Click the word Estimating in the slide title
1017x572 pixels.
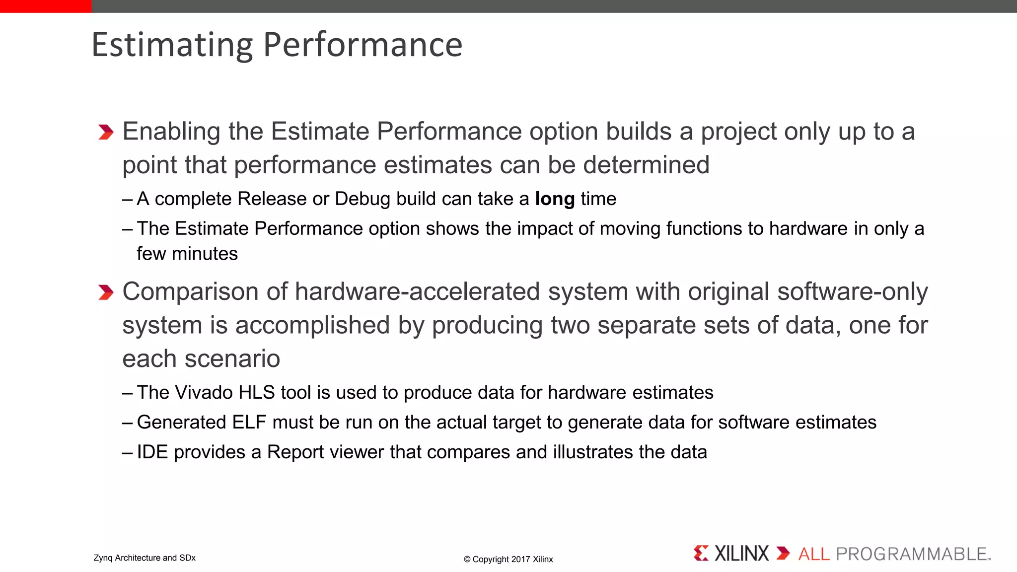pyautogui.click(x=172, y=45)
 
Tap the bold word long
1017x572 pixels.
pyautogui.click(x=555, y=199)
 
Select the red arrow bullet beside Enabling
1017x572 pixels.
pyautogui.click(x=106, y=132)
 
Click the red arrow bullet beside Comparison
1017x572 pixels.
pyautogui.click(x=106, y=292)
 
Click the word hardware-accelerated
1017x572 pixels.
pyautogui.click(x=417, y=291)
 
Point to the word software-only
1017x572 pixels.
pyautogui.click(x=852, y=291)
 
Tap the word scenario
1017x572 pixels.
pyautogui.click(x=232, y=359)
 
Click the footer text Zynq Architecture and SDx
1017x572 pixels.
pyautogui.click(x=145, y=558)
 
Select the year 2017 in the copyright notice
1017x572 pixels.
pyautogui.click(x=520, y=560)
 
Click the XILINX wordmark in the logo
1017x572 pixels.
pyautogui.click(x=741, y=554)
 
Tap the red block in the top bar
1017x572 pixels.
pyautogui.click(x=46, y=6)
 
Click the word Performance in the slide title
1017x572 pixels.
pyautogui.click(x=363, y=45)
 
